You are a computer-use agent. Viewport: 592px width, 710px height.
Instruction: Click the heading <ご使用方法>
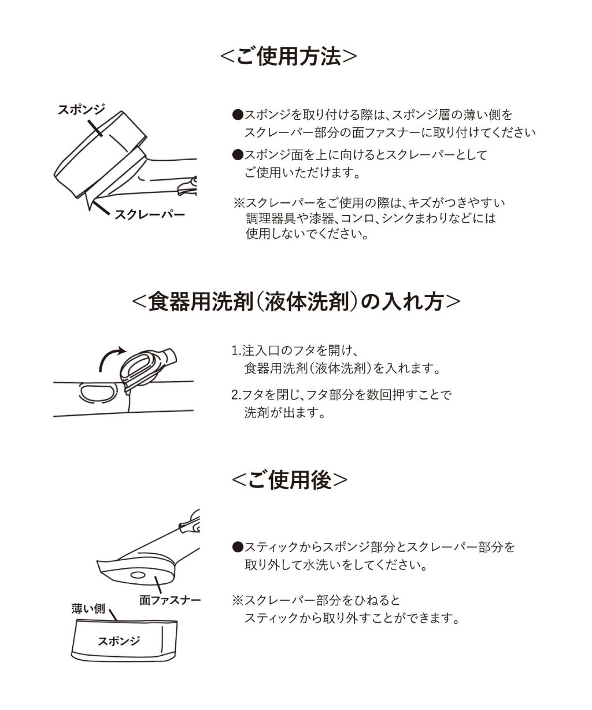tap(288, 57)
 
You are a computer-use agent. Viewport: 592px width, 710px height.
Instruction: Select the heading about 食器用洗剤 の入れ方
tap(296, 302)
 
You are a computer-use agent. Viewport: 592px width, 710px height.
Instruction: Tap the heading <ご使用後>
tap(289, 480)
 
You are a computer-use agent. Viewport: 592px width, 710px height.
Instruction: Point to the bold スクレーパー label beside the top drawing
tap(150, 215)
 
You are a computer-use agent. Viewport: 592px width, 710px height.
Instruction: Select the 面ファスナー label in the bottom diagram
tap(170, 600)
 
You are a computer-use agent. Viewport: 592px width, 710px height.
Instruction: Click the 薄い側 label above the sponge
tap(88, 608)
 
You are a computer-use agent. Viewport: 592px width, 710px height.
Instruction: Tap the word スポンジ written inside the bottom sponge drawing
tap(119, 641)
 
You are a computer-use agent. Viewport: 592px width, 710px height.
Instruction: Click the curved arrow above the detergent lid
tap(110, 358)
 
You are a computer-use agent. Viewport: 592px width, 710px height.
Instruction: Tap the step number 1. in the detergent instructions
tap(235, 351)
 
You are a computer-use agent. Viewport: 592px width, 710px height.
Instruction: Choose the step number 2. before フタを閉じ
tap(235, 395)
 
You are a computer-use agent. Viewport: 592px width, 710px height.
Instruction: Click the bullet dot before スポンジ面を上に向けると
tap(236, 155)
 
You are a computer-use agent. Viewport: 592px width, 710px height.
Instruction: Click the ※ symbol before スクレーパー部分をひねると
tap(238, 600)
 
